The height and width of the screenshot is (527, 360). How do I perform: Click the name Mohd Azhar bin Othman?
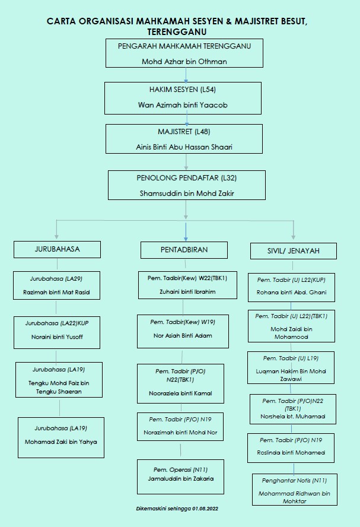click(x=184, y=62)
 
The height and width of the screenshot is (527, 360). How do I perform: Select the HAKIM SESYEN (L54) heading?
click(x=182, y=90)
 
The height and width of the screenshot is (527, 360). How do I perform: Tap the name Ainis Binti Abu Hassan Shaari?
click(x=184, y=147)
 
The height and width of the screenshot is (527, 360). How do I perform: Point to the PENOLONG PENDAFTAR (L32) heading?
click(x=186, y=178)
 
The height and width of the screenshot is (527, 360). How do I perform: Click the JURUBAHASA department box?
click(x=57, y=249)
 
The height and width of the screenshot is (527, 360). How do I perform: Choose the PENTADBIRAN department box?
click(x=184, y=250)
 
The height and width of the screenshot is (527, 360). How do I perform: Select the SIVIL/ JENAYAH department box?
click(x=294, y=251)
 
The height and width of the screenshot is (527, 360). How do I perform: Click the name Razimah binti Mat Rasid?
click(x=56, y=292)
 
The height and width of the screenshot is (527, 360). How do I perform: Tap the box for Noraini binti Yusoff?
click(x=57, y=332)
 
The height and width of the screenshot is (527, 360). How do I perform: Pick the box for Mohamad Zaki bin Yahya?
click(x=61, y=437)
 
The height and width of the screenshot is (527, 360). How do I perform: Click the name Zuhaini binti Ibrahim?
click(x=187, y=292)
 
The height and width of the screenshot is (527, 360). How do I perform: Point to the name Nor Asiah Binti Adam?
click(x=183, y=335)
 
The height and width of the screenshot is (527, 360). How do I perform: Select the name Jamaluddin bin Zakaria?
click(x=181, y=478)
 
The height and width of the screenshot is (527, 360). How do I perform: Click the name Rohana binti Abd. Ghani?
click(x=291, y=293)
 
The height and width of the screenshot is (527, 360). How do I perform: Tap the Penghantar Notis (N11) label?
click(x=295, y=481)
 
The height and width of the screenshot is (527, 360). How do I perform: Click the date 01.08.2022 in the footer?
click(x=205, y=509)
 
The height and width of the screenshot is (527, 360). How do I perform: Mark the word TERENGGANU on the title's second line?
click(x=177, y=32)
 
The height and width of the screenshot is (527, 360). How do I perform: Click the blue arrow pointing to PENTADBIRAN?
click(x=186, y=231)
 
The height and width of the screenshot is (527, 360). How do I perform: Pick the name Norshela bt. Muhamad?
click(x=293, y=417)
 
